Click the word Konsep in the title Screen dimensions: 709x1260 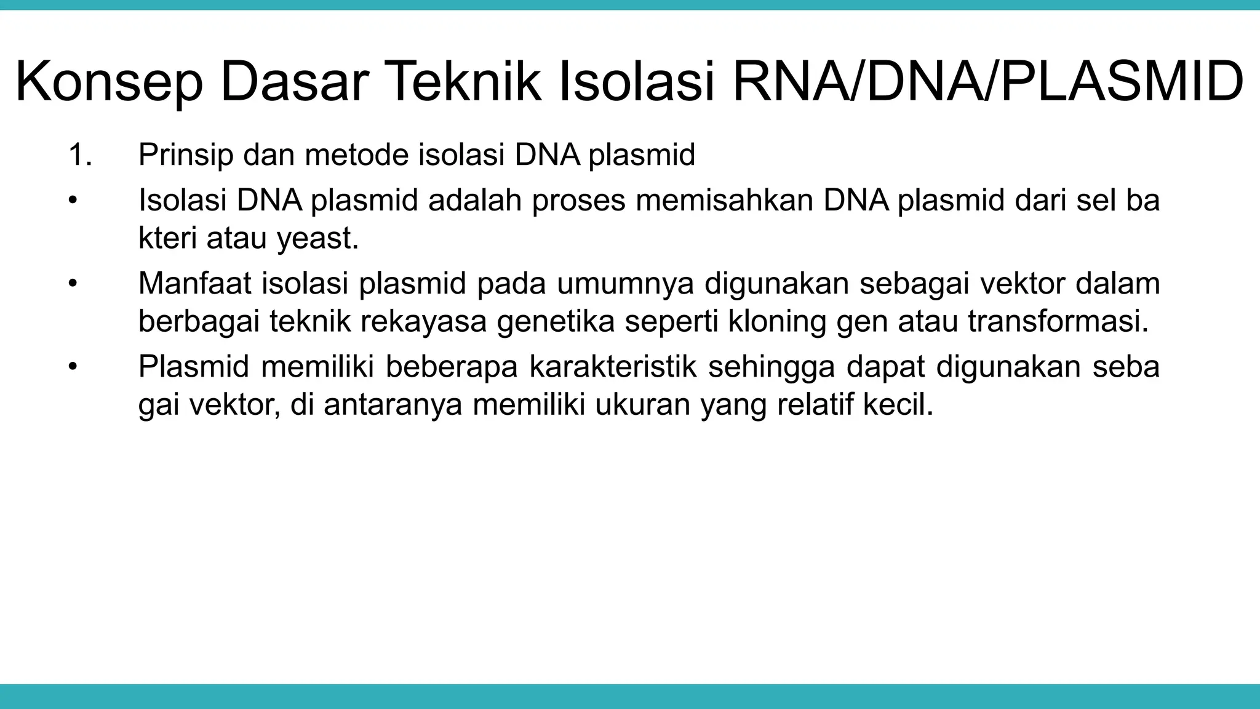click(109, 82)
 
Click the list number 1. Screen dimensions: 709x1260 click(80, 155)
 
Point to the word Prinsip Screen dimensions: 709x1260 click(186, 155)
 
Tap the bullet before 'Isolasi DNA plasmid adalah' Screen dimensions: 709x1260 click(73, 201)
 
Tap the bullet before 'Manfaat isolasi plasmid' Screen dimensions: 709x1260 click(73, 284)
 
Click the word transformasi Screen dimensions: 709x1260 click(1058, 322)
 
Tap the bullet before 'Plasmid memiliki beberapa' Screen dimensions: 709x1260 click(73, 367)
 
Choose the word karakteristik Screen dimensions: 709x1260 click(613, 367)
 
